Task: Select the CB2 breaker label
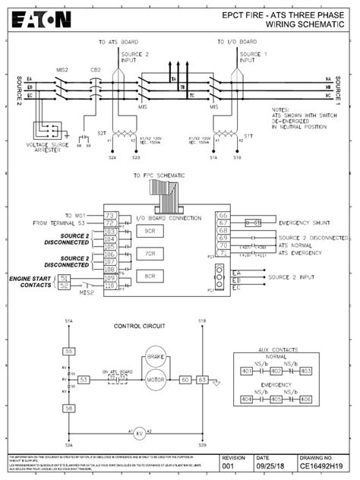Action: pyautogui.click(x=96, y=69)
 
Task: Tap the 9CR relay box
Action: pyautogui.click(x=150, y=230)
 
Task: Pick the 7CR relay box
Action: pyautogui.click(x=150, y=254)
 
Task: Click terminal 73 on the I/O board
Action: pyautogui.click(x=109, y=216)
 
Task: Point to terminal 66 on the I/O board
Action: pyautogui.click(x=223, y=216)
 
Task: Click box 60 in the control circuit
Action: pyautogui.click(x=185, y=378)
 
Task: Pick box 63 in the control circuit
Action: pyautogui.click(x=203, y=378)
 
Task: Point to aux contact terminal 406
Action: pyautogui.click(x=306, y=399)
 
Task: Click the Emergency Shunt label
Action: pyautogui.click(x=305, y=223)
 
